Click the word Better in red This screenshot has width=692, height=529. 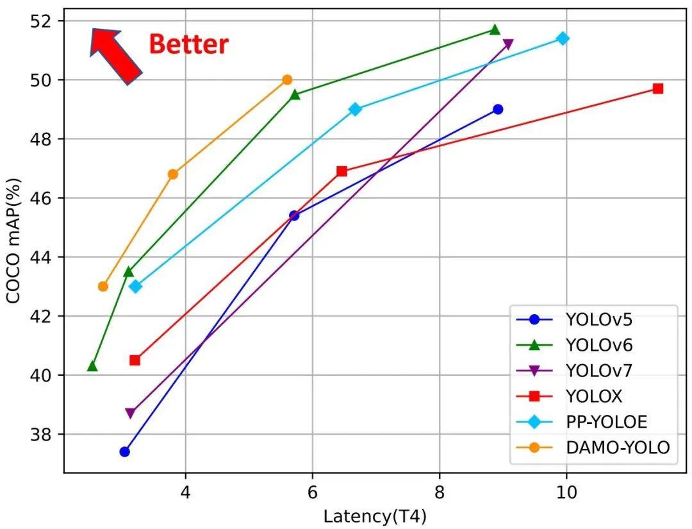[x=188, y=45]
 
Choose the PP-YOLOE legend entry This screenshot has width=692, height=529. [x=606, y=422]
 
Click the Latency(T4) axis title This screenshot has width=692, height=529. [x=375, y=516]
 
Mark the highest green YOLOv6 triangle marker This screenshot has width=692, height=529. [x=494, y=29]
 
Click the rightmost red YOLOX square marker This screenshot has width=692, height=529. [x=657, y=88]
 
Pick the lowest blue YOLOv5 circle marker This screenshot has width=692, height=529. [x=124, y=451]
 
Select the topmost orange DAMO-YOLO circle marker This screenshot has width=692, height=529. [x=287, y=80]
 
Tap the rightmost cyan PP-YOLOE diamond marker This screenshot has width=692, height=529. [x=563, y=38]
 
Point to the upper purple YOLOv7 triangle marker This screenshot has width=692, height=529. [x=508, y=44]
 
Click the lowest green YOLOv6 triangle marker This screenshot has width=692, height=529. [x=92, y=366]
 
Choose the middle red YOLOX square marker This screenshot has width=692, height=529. [x=342, y=171]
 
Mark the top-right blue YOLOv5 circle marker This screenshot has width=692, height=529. [x=498, y=109]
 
